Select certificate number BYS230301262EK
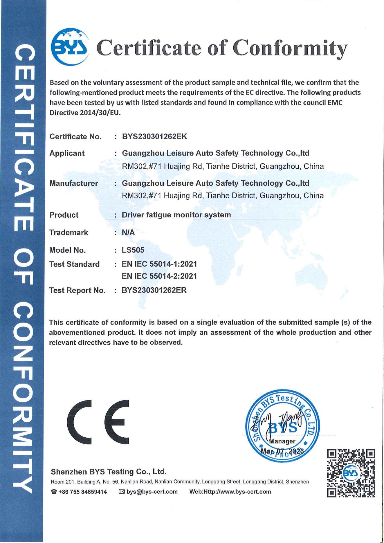154,136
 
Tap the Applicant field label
67,153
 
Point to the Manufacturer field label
74,183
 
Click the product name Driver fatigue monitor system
176,215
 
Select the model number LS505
133,250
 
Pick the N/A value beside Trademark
128,232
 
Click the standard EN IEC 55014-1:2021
159,264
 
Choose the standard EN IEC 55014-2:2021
159,276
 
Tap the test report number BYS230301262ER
154,290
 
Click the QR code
351,473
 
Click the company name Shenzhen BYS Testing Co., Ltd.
109,471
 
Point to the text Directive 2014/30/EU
85,113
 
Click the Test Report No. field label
77,290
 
